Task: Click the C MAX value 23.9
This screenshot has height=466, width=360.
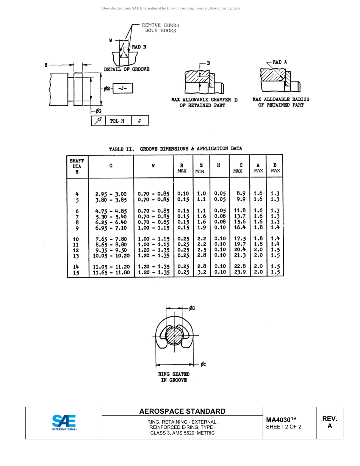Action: (x=240, y=272)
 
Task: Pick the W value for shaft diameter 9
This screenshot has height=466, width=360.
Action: (x=153, y=228)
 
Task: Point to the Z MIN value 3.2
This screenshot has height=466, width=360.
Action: (x=202, y=272)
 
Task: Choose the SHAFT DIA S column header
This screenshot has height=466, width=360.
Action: (x=77, y=166)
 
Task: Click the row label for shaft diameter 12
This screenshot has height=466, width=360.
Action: (x=76, y=250)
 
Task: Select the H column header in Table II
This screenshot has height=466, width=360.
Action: (x=219, y=166)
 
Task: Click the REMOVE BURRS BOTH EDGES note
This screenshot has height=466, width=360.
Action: (x=160, y=28)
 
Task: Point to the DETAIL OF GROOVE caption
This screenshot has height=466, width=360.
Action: (x=127, y=69)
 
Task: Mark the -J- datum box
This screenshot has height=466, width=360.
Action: (x=123, y=88)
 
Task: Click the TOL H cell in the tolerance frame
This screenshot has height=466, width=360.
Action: (x=117, y=121)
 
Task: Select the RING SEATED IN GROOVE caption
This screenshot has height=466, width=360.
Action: (x=174, y=377)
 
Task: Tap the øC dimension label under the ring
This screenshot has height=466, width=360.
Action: (x=203, y=364)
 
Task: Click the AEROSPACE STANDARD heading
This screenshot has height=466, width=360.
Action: (x=182, y=411)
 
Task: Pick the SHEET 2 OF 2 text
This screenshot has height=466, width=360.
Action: (x=284, y=427)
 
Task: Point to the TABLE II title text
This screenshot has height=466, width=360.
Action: (x=175, y=149)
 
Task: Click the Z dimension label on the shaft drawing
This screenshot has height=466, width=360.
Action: (x=46, y=65)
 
